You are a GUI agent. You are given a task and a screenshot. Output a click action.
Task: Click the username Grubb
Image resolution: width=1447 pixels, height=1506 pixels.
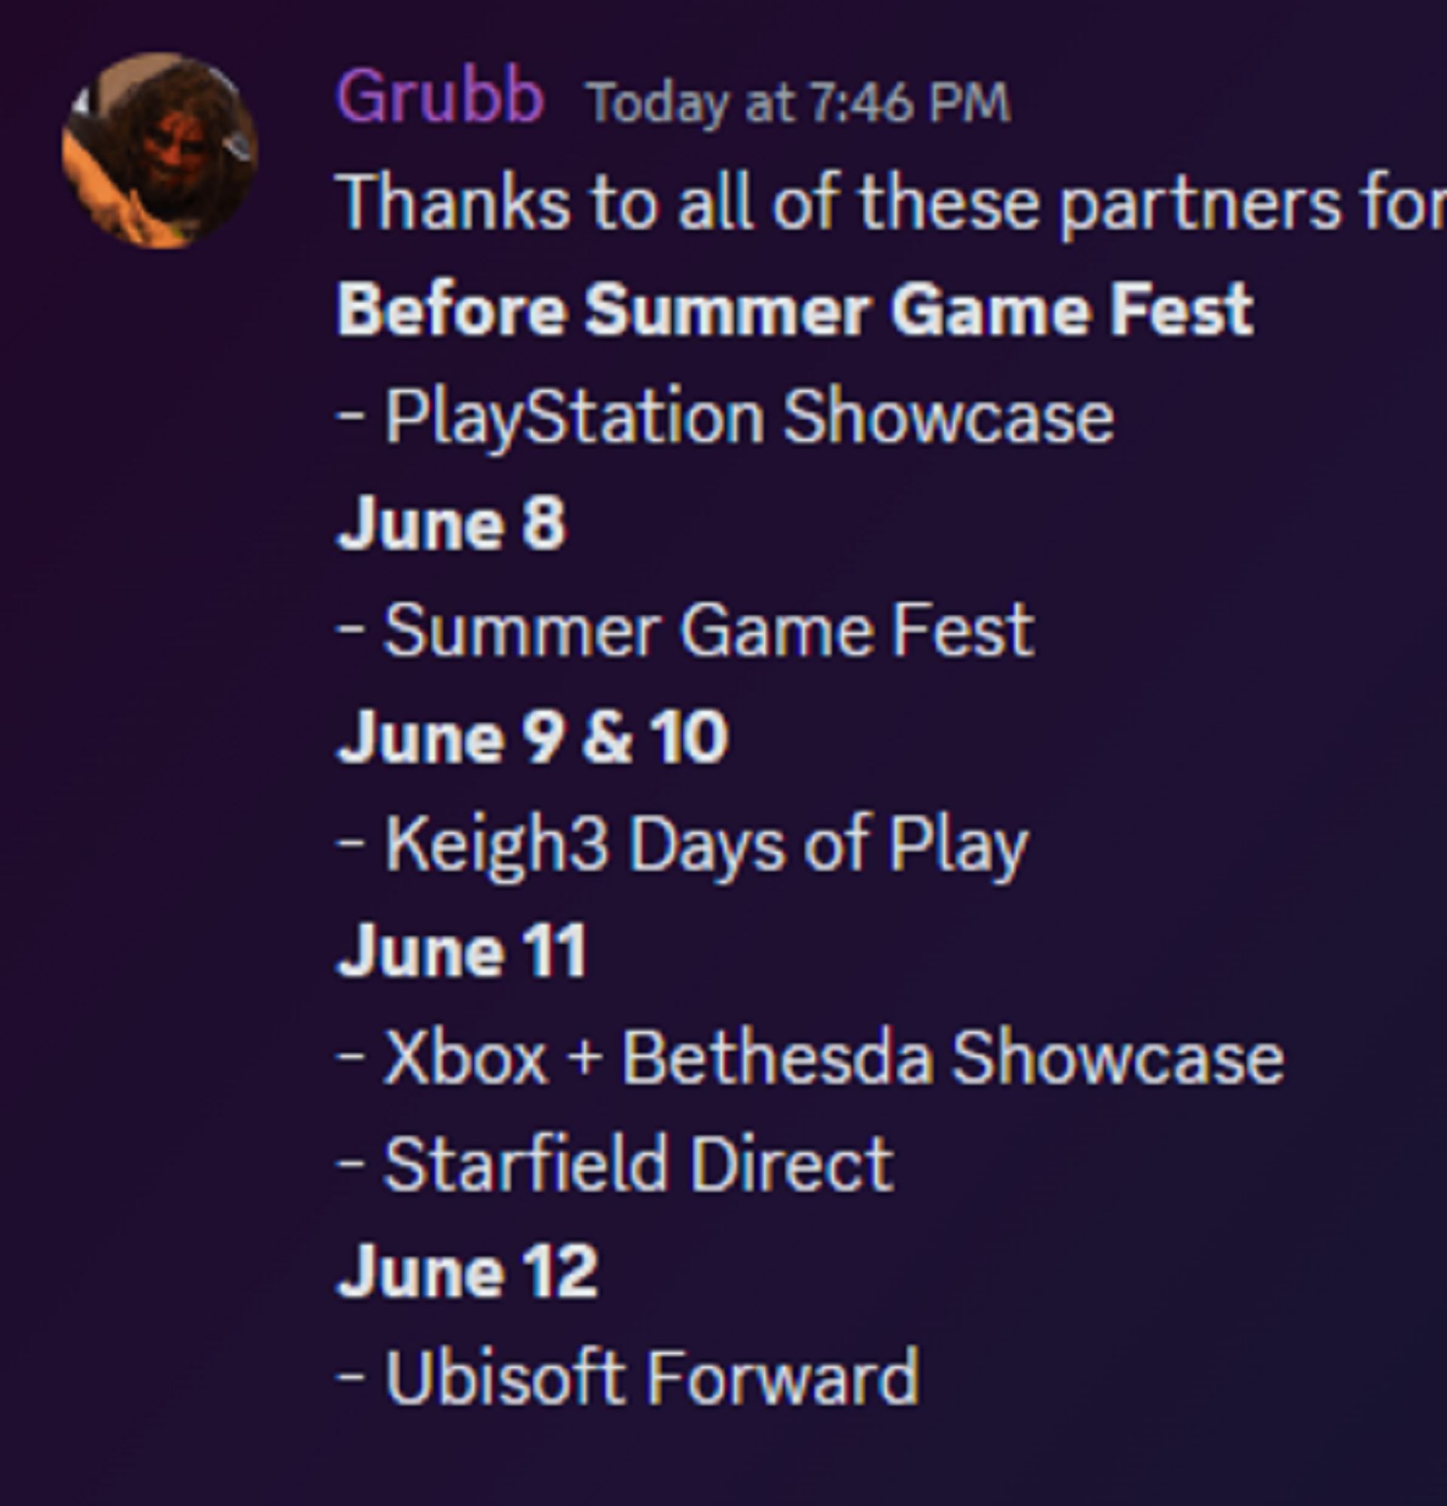(440, 97)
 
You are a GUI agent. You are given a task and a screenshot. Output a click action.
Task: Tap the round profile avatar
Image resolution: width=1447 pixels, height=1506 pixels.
(160, 151)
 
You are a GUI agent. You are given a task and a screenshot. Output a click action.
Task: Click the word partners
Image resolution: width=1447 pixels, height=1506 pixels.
(1200, 205)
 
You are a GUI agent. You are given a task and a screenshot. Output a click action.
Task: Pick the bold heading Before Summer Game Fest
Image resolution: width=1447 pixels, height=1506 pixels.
(795, 310)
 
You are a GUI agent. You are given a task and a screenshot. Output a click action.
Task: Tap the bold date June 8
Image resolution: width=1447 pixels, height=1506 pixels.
(451, 523)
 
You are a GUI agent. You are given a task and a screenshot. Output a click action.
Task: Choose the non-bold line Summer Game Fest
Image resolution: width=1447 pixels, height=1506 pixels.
(708, 630)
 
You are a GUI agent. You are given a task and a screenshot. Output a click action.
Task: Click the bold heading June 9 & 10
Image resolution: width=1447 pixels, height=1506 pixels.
(533, 737)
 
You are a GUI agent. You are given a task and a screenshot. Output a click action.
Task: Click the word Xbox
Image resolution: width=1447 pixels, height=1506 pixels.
(466, 1058)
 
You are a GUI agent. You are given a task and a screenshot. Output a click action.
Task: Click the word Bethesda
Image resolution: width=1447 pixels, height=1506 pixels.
(778, 1058)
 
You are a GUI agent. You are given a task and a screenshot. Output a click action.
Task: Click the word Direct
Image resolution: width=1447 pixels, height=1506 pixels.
(792, 1164)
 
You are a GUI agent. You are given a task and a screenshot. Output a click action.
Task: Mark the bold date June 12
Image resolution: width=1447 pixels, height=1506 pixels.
(467, 1272)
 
